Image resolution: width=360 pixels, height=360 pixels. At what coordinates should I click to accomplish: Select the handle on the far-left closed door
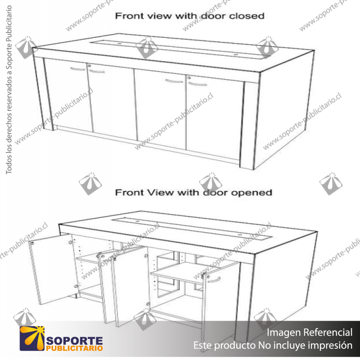[77, 69]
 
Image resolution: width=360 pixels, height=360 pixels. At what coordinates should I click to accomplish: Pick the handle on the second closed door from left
[97, 71]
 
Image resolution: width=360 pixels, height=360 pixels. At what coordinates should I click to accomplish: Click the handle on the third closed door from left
[174, 81]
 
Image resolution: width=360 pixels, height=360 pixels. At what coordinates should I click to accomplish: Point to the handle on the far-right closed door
[197, 84]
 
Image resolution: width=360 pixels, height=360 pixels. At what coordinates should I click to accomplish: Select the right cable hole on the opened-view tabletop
[239, 234]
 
